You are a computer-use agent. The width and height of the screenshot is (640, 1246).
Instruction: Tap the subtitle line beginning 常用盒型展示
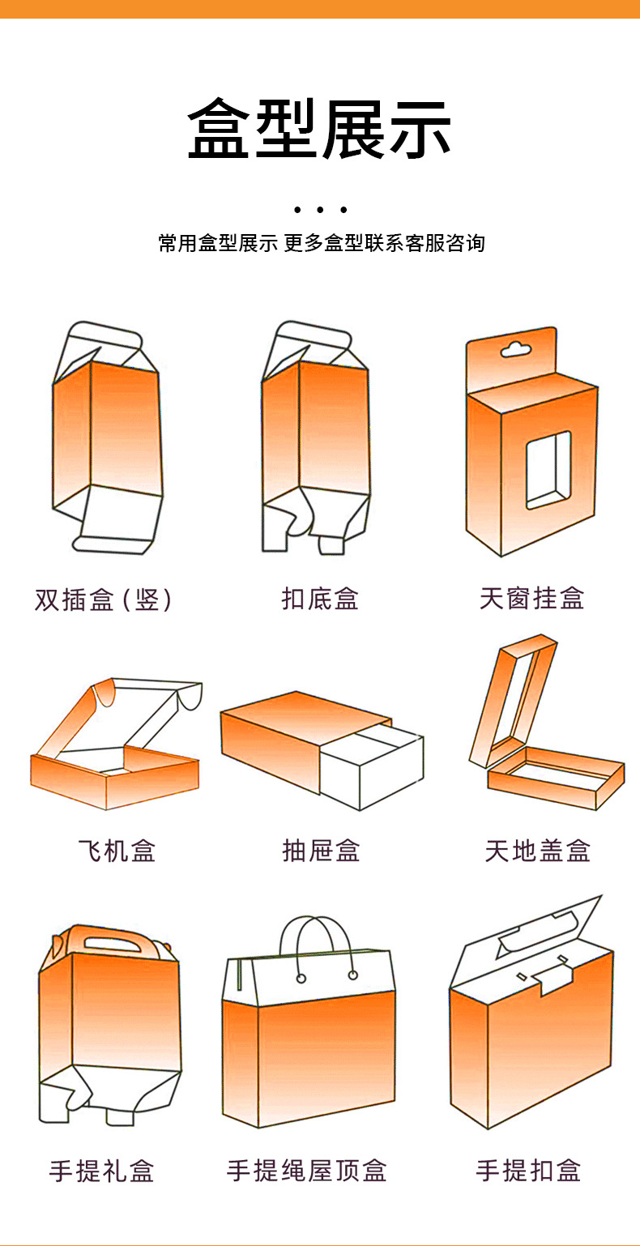click(x=321, y=243)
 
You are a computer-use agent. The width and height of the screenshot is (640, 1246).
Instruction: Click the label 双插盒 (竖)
click(x=104, y=600)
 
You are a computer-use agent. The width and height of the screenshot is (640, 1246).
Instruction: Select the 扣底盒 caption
click(x=320, y=600)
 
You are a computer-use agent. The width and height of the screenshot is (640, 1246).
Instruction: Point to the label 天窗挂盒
click(x=531, y=599)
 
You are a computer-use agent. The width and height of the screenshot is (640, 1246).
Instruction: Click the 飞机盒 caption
click(x=117, y=851)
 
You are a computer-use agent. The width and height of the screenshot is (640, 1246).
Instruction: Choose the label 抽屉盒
click(x=321, y=851)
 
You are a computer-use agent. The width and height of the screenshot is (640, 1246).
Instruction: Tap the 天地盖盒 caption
click(x=537, y=851)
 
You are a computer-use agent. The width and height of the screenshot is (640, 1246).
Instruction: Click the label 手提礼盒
click(x=101, y=1171)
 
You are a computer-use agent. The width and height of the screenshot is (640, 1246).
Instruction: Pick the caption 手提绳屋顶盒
click(x=307, y=1171)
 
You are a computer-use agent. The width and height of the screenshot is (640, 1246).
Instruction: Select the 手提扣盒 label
click(x=528, y=1171)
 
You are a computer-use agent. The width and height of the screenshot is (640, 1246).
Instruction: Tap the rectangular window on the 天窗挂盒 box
click(x=548, y=470)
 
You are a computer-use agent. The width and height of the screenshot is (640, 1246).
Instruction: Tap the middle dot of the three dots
click(x=320, y=211)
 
